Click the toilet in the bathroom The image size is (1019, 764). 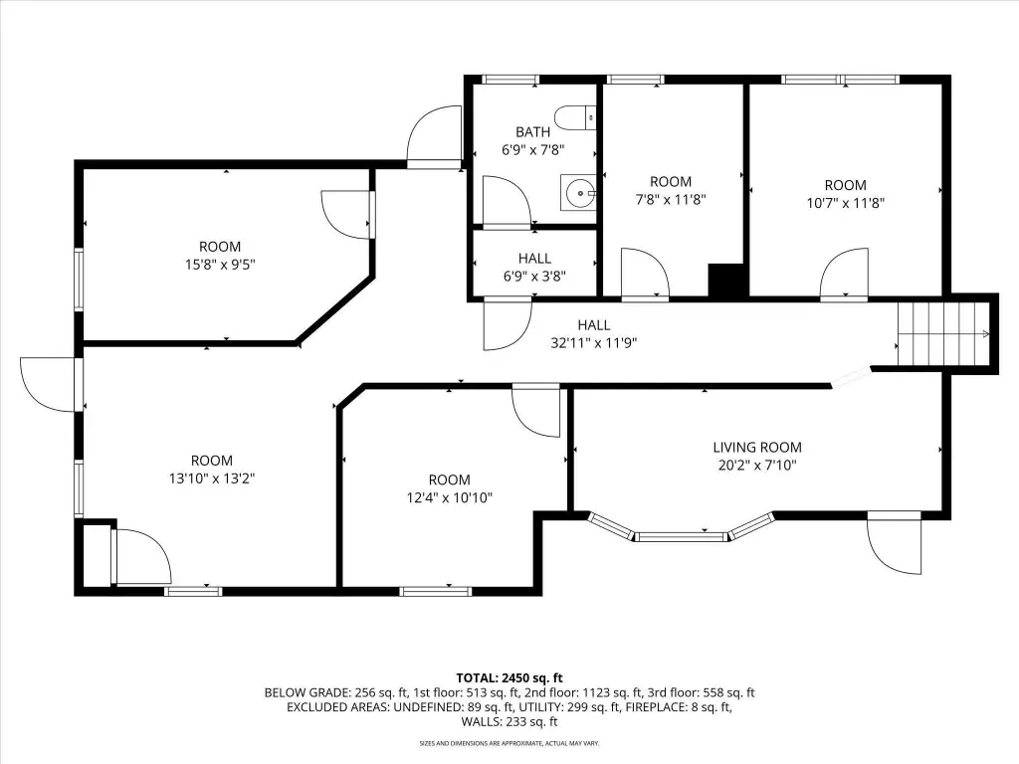pos(578,117)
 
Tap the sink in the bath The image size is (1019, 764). pos(578,192)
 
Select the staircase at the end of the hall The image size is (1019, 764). pos(943,334)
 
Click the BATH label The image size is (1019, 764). pos(533,132)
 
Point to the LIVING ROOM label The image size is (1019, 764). pos(757,447)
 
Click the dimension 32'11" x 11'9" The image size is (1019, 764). pos(594,342)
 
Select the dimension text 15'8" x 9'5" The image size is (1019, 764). pos(220,265)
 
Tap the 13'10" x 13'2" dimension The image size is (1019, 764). pos(212,478)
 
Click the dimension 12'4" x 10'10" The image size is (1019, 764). pos(450,497)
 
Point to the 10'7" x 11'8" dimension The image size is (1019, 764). pos(846,203)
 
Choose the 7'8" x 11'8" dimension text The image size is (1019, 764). pos(671,199)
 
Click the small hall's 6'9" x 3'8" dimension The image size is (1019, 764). pos(534,277)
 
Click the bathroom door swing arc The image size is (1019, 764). pos(507,200)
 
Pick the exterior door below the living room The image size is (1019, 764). pos(895,543)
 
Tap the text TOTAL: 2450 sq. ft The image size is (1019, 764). pos(509,678)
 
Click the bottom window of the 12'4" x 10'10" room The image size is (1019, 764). pos(436,591)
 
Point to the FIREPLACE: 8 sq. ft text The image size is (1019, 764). pos(679,707)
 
